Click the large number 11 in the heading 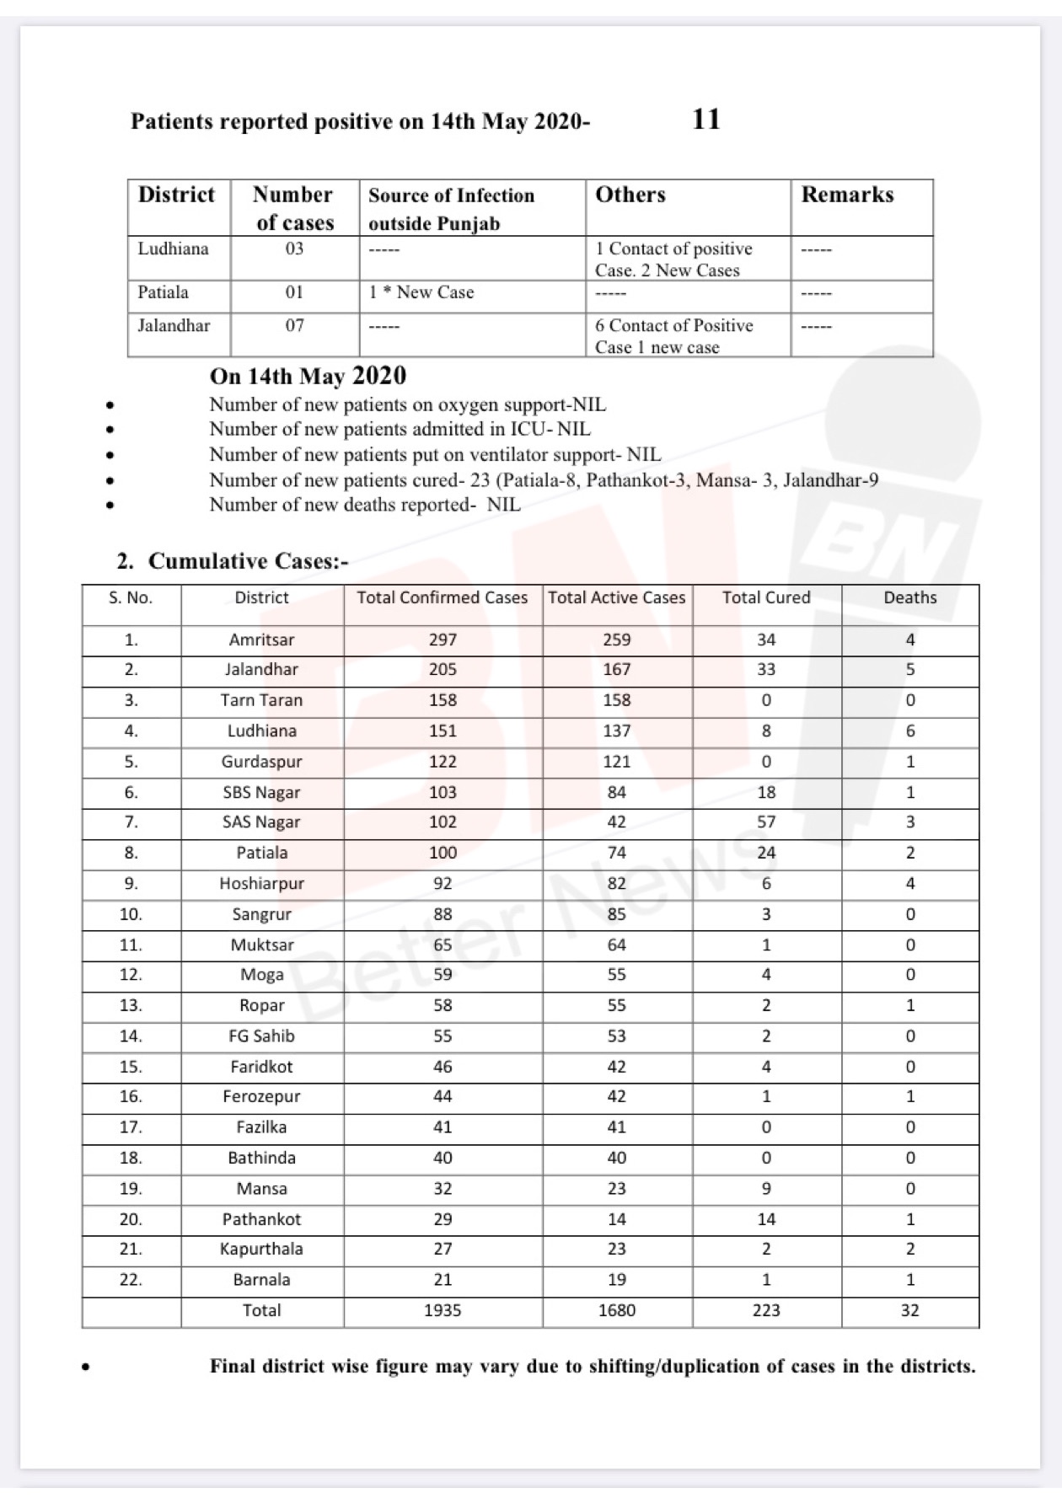(705, 120)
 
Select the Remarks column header (847, 195)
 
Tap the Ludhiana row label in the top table (173, 249)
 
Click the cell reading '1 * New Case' (421, 292)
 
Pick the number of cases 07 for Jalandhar (294, 325)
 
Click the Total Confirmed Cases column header (442, 597)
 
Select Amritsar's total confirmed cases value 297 (442, 640)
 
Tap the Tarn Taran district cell (261, 700)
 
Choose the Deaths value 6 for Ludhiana (910, 731)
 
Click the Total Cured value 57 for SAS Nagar (765, 822)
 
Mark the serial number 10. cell (131, 914)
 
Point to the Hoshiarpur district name (261, 883)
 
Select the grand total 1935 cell (442, 1310)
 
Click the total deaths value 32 (909, 1310)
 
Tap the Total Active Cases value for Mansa (616, 1189)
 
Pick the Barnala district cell (261, 1279)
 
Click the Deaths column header (909, 597)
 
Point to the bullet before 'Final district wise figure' (85, 1368)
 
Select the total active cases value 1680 (616, 1310)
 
